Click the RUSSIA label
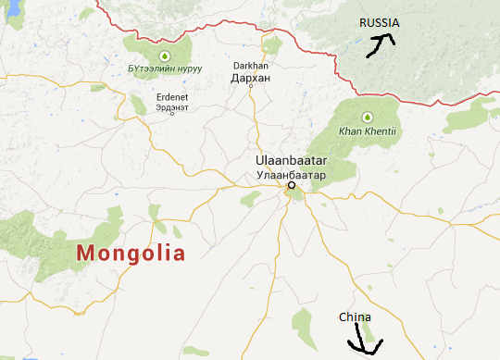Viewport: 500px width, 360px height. click(380, 22)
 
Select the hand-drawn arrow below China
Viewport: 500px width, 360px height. click(363, 344)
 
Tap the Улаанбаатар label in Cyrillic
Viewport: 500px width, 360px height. click(292, 173)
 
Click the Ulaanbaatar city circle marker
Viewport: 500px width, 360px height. click(291, 185)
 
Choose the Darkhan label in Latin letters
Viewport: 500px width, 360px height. click(250, 67)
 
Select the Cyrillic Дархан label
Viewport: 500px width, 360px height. click(250, 79)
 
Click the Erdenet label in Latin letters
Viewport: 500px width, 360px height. click(172, 96)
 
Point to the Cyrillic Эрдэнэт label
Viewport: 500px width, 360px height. click(172, 106)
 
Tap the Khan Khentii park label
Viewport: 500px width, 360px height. click(368, 130)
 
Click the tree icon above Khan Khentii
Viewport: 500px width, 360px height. click(368, 117)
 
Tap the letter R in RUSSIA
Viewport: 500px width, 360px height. click(363, 22)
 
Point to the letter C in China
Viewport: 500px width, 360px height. click(342, 317)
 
